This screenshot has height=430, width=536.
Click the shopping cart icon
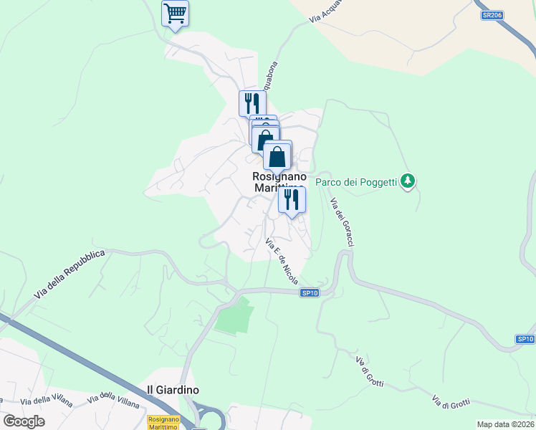(175, 13)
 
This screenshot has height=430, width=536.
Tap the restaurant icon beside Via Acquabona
(252, 103)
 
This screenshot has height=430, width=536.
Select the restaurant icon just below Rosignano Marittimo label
(292, 199)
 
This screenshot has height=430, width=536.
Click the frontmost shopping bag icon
(277, 156)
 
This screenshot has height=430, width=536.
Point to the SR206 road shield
(489, 14)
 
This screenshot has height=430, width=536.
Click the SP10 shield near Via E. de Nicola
(310, 292)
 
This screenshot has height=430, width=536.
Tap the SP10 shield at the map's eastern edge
(525, 338)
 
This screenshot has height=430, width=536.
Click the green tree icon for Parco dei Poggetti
(408, 180)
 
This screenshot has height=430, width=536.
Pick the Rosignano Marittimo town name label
(279, 182)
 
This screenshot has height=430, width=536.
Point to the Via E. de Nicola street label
(282, 261)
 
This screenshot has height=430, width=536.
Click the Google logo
(24, 421)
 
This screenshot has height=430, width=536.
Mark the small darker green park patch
(235, 315)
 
